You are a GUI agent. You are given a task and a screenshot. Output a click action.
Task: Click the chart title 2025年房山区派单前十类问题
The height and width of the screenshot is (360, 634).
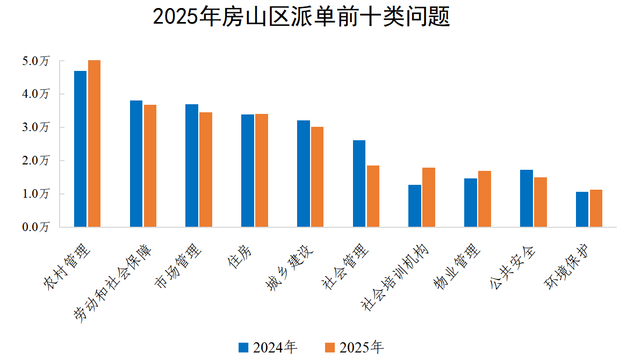pyautogui.click(x=301, y=17)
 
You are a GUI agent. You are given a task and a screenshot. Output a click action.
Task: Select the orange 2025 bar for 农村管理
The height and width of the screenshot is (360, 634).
pyautogui.click(x=94, y=143)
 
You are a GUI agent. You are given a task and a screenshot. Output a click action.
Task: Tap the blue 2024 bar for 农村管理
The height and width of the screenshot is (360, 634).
pyautogui.click(x=80, y=149)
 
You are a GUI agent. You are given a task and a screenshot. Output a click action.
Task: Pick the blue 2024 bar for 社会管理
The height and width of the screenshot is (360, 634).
pyautogui.click(x=359, y=184)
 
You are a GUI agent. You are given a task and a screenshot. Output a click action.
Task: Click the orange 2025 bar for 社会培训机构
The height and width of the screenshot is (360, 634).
pyautogui.click(x=429, y=197)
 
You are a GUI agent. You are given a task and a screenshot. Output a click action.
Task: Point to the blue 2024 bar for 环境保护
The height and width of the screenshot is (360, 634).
pyautogui.click(x=582, y=210)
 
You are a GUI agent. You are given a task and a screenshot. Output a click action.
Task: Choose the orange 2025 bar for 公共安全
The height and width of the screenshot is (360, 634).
pyautogui.click(x=541, y=202)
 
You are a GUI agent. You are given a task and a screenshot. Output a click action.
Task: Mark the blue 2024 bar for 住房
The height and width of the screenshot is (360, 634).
pyautogui.click(x=247, y=171)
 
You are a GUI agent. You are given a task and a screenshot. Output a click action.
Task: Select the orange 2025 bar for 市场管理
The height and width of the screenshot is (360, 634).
pyautogui.click(x=206, y=170)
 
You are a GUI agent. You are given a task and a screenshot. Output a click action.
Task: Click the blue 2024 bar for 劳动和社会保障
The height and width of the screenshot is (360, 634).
pyautogui.click(x=136, y=164)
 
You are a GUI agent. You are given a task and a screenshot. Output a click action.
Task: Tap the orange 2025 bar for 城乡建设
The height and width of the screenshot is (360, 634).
pyautogui.click(x=317, y=177)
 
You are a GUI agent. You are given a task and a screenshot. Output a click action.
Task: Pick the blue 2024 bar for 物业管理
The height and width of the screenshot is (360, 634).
pyautogui.click(x=471, y=203)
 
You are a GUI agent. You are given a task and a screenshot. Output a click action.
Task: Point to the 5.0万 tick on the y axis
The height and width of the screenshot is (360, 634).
pyautogui.click(x=35, y=61)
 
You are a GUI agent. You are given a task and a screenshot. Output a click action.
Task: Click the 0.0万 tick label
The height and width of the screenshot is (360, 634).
pyautogui.click(x=35, y=227)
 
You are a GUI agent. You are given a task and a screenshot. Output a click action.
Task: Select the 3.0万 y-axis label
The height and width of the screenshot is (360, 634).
pyautogui.click(x=35, y=128)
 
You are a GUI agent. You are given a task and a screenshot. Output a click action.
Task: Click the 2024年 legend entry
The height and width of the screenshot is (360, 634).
pyautogui.click(x=268, y=347)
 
